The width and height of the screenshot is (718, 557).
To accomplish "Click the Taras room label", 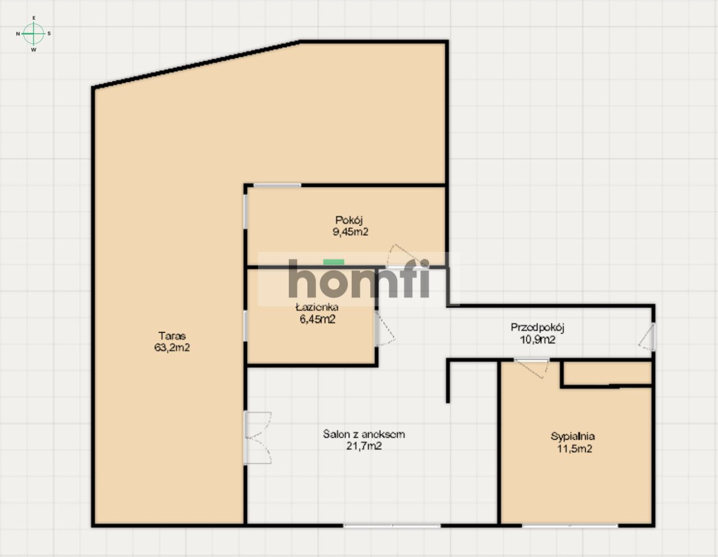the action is tap(172, 335).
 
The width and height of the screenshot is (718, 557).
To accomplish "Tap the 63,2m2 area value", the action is tap(172, 348).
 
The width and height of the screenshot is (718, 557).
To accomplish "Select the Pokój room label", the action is tap(349, 220).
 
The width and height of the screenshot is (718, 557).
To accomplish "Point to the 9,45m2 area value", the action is tap(350, 232).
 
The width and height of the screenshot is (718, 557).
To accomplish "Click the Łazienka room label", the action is tap(317, 307).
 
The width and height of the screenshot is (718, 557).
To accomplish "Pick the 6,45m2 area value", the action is tap(317, 319).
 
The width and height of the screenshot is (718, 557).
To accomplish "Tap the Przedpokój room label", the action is tap(537, 328).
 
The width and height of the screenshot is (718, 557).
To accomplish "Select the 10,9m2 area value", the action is tap(537, 339).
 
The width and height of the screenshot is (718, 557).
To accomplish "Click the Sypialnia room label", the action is tap(573, 437).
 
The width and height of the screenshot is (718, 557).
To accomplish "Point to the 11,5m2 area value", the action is tap(574, 449).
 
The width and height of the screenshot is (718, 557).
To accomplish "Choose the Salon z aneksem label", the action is tap(364, 434).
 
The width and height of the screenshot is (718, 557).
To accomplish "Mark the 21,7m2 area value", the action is tap(364, 446).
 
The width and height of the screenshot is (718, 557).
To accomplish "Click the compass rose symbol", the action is tap(33, 33).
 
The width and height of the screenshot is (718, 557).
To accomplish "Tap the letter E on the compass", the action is tap(34, 18).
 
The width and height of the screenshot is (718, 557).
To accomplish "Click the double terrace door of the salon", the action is tap(257, 438).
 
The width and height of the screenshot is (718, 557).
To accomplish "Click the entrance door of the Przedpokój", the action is tap(647, 337).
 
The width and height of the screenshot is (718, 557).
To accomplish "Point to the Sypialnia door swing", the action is tap(532, 368).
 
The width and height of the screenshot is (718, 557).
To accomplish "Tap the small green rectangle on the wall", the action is tap(334, 262).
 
